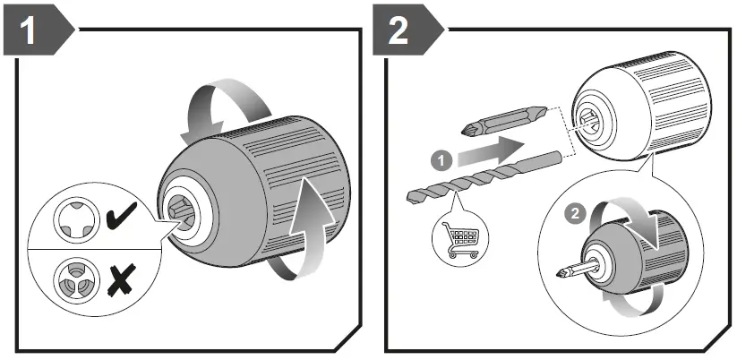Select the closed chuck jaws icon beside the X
pos(73,279)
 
